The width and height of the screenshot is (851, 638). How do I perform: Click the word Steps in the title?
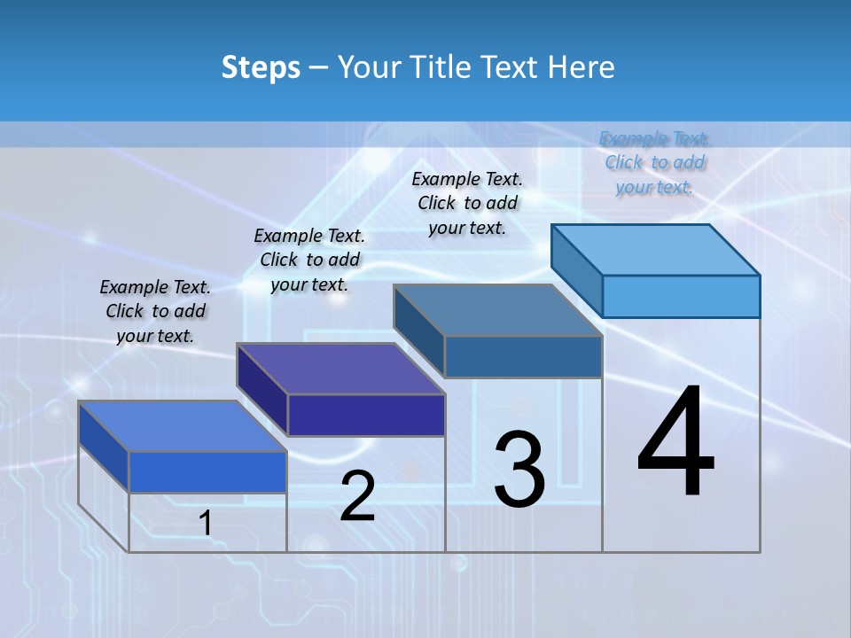tap(261, 67)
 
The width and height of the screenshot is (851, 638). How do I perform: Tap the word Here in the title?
tap(580, 67)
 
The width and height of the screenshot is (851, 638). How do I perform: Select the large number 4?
tap(675, 443)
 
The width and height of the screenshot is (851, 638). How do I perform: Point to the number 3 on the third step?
tap(519, 469)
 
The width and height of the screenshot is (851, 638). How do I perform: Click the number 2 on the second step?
tap(357, 496)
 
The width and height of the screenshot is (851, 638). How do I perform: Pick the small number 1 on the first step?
tap(206, 524)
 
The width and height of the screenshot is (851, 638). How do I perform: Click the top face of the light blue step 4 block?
tap(656, 249)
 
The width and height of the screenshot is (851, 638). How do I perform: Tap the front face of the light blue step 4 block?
tap(681, 296)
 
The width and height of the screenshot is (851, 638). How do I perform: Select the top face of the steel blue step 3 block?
tap(498, 310)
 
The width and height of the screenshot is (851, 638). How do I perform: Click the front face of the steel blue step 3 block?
tap(523, 356)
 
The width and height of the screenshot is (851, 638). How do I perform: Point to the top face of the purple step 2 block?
tap(340, 369)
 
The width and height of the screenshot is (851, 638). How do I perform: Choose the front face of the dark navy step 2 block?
tap(366, 415)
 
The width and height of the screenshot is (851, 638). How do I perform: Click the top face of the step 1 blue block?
tap(183, 426)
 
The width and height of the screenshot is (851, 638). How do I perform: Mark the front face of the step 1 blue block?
tap(207, 471)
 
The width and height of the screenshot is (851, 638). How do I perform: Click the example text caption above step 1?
tap(155, 311)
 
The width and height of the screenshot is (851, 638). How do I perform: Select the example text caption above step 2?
tap(309, 260)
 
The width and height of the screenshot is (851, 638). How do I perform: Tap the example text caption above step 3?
tap(467, 203)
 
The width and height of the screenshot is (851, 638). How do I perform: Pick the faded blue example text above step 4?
tap(654, 162)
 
